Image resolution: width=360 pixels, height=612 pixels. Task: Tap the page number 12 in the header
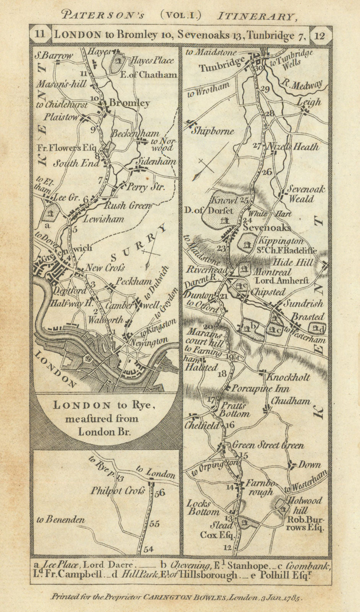point(320,36)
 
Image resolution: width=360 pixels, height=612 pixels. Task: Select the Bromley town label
point(129,103)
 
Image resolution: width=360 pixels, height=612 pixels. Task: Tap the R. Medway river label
point(301,85)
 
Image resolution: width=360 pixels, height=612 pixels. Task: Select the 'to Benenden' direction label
point(61,520)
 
